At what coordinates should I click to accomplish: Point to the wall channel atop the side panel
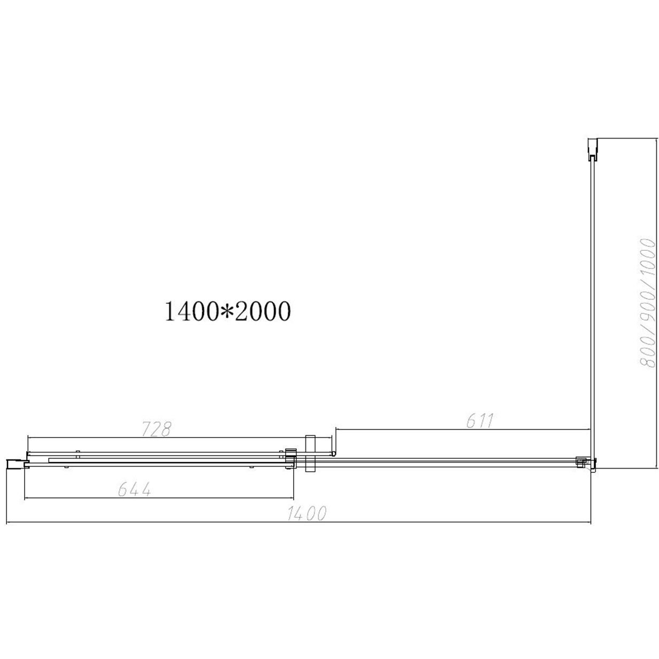pos(592,149)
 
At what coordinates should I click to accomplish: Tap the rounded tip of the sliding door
pos(334,453)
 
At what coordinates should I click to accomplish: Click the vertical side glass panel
pos(592,305)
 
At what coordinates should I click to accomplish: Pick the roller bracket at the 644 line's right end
pos(290,459)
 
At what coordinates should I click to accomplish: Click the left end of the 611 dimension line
pos(336,429)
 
